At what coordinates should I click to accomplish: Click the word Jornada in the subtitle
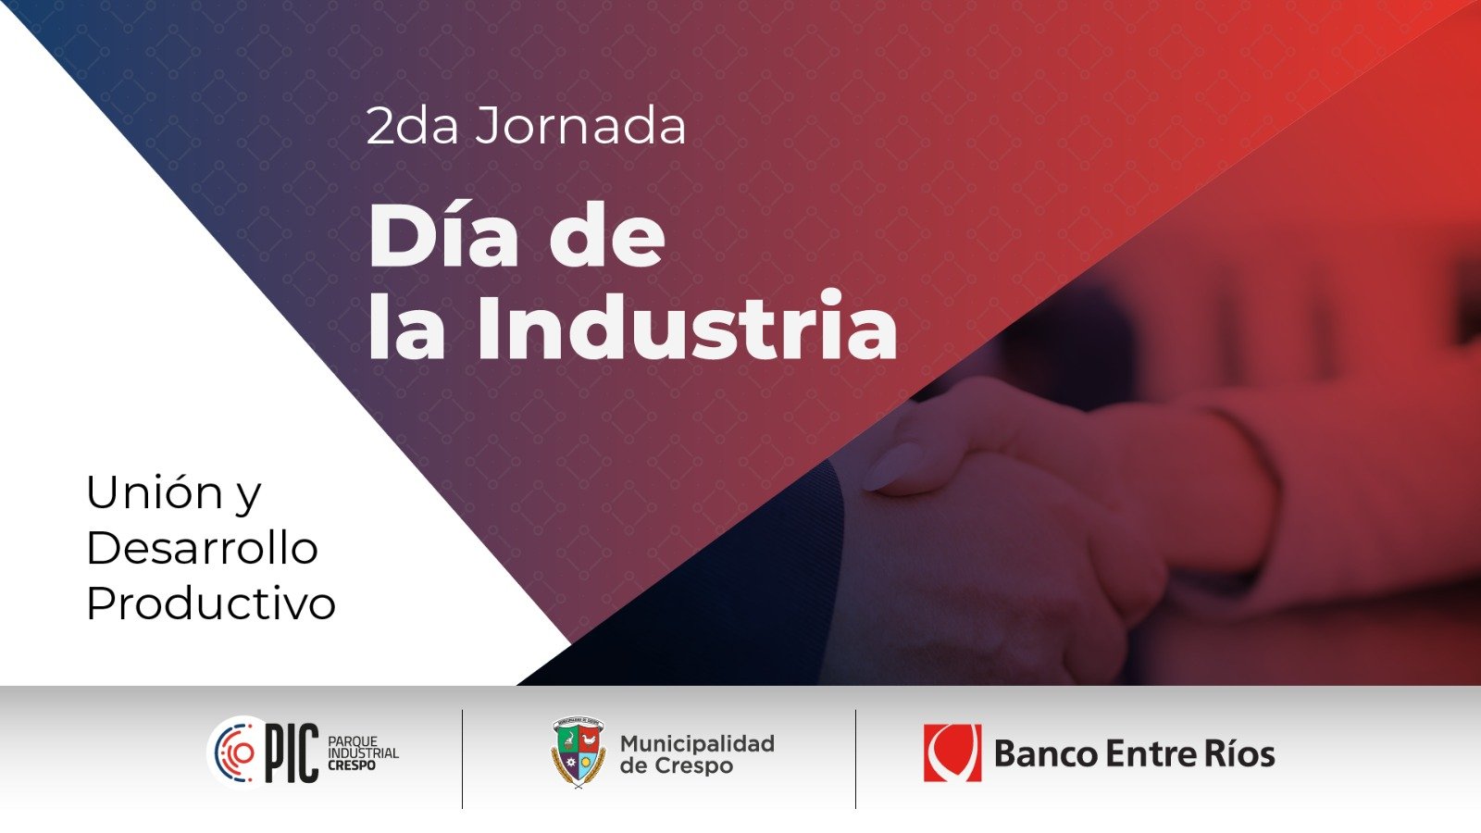coord(580,126)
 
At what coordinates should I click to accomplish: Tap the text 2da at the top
coord(412,126)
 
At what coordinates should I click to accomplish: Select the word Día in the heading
coord(443,235)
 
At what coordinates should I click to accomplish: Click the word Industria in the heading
coord(688,326)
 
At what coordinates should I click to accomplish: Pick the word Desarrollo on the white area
coord(203,548)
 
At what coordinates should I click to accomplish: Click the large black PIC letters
coord(292,753)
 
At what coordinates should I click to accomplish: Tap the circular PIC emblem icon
coord(234,752)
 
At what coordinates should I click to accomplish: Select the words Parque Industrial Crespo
coord(363,753)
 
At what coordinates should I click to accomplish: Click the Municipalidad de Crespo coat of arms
coord(579,752)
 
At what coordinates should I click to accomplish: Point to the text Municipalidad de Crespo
coord(698,754)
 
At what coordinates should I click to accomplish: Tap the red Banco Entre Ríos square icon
coord(952,753)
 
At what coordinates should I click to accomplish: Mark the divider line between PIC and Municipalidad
coord(462,759)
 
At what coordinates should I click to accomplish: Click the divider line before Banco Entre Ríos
coord(855,759)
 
